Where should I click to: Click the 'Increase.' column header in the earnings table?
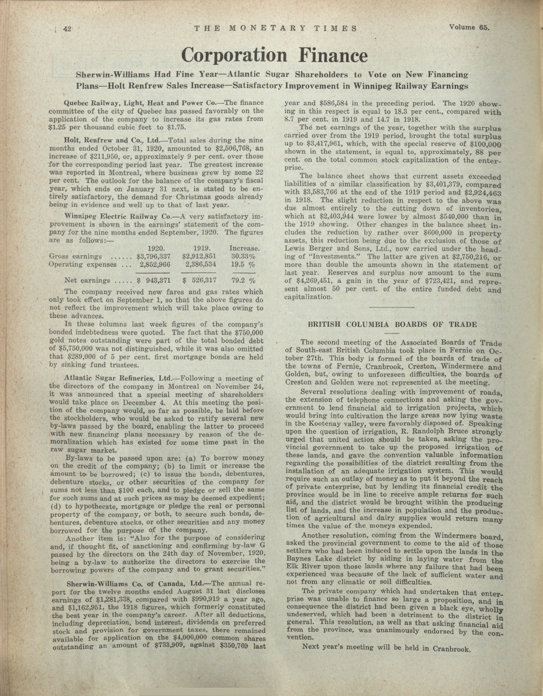[244, 248]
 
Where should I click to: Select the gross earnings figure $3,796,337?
[154, 256]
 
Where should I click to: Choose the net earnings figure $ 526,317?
[200, 281]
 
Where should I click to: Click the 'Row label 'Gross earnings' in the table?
[76, 256]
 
